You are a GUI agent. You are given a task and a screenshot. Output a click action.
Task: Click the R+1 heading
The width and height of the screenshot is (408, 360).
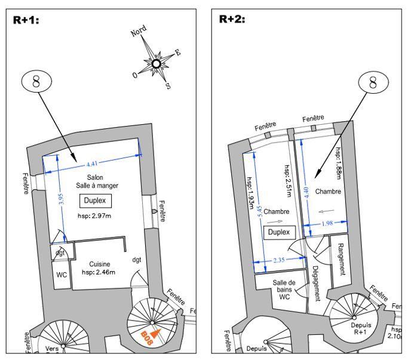tap(26, 19)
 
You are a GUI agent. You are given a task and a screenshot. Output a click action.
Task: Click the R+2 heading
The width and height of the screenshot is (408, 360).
tap(232, 19)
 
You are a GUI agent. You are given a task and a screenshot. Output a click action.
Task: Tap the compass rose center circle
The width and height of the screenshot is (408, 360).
tap(156, 64)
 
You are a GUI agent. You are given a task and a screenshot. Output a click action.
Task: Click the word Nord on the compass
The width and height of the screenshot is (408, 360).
tap(139, 32)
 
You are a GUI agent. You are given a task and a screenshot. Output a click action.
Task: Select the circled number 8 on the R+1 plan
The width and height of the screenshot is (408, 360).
tap(36, 81)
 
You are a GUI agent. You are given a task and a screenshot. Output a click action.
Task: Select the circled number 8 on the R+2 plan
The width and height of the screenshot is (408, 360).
tap(373, 82)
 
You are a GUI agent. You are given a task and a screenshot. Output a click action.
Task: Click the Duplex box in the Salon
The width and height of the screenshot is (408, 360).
tap(95, 201)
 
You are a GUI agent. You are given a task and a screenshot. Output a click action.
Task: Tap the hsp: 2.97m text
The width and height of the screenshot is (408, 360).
tap(95, 216)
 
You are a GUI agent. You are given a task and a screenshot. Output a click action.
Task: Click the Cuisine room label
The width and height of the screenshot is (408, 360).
tap(100, 264)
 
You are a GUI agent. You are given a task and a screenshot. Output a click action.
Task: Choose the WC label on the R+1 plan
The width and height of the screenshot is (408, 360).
tap(62, 275)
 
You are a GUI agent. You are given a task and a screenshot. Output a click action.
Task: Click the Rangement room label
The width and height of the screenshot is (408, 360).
tap(340, 258)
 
